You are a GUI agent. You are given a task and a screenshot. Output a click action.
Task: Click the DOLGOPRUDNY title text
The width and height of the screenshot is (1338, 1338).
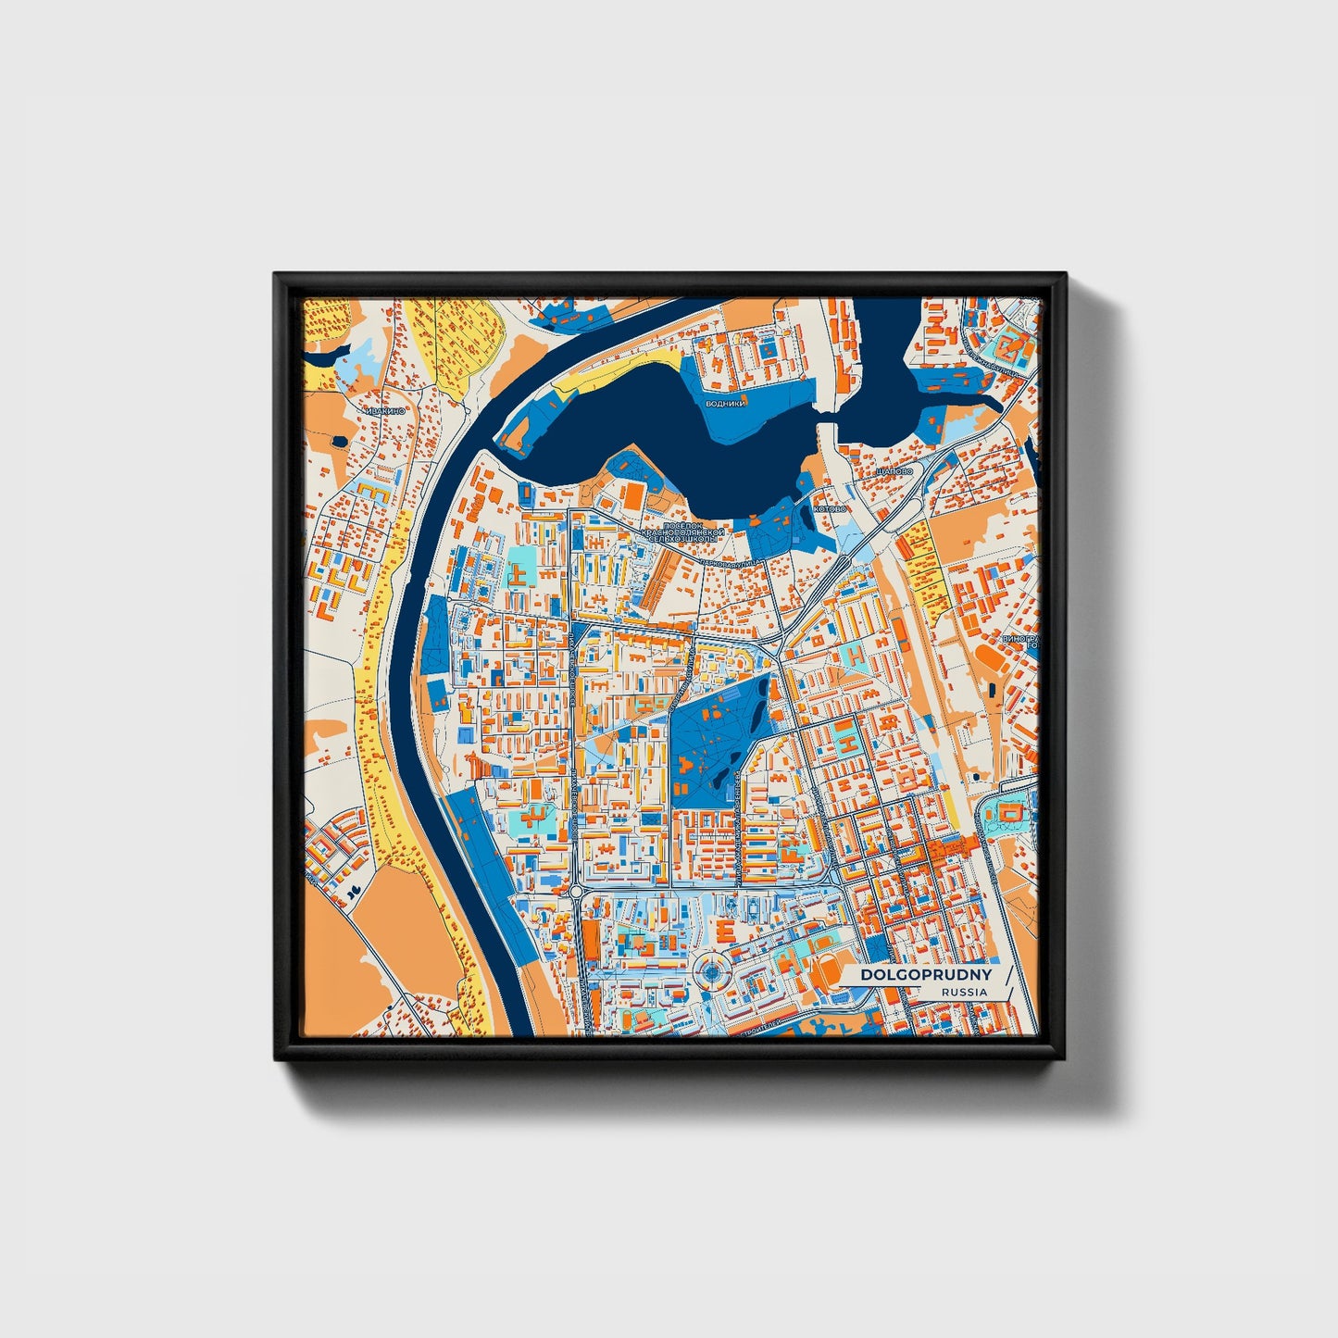click(x=925, y=975)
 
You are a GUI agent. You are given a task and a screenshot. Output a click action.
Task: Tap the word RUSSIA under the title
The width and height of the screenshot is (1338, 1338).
click(x=963, y=992)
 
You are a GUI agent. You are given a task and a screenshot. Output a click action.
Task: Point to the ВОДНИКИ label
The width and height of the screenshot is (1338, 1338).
click(x=724, y=404)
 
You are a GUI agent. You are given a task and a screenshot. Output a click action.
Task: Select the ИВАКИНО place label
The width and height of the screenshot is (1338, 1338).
click(x=383, y=408)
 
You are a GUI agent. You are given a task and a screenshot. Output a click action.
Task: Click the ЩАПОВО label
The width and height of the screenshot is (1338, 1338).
click(x=893, y=471)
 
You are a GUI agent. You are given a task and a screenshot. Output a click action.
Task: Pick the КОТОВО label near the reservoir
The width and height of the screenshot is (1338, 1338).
click(x=829, y=509)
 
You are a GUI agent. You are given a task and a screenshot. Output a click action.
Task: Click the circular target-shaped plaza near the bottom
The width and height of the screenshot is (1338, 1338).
click(x=710, y=972)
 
